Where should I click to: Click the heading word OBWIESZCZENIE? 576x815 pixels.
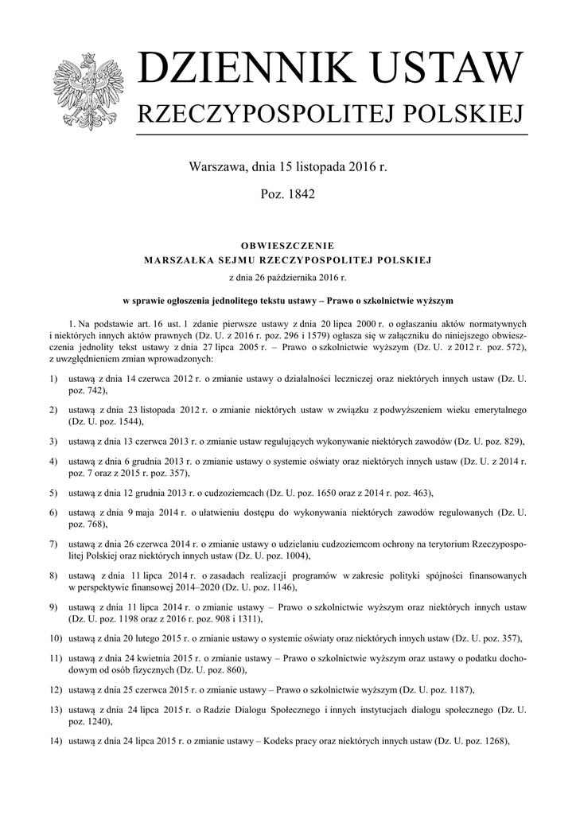click(287, 245)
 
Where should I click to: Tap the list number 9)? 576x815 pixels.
click(53, 607)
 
